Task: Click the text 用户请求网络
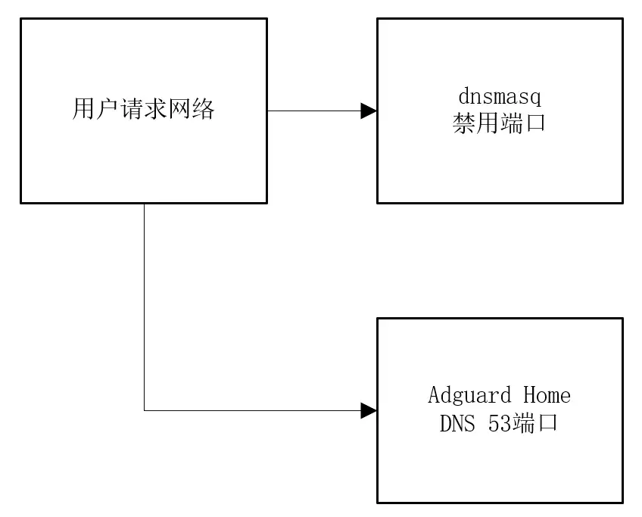(x=143, y=111)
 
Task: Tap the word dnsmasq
(x=500, y=98)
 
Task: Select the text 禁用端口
(x=500, y=123)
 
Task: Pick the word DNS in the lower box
(x=458, y=422)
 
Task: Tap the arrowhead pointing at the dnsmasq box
(x=369, y=111)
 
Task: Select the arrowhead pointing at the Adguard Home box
(x=369, y=411)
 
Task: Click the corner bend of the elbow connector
(x=145, y=411)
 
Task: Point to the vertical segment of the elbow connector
(x=145, y=303)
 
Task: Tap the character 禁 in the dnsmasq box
(x=464, y=123)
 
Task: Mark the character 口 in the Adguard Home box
(x=547, y=422)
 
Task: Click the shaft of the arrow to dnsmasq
(x=314, y=111)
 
